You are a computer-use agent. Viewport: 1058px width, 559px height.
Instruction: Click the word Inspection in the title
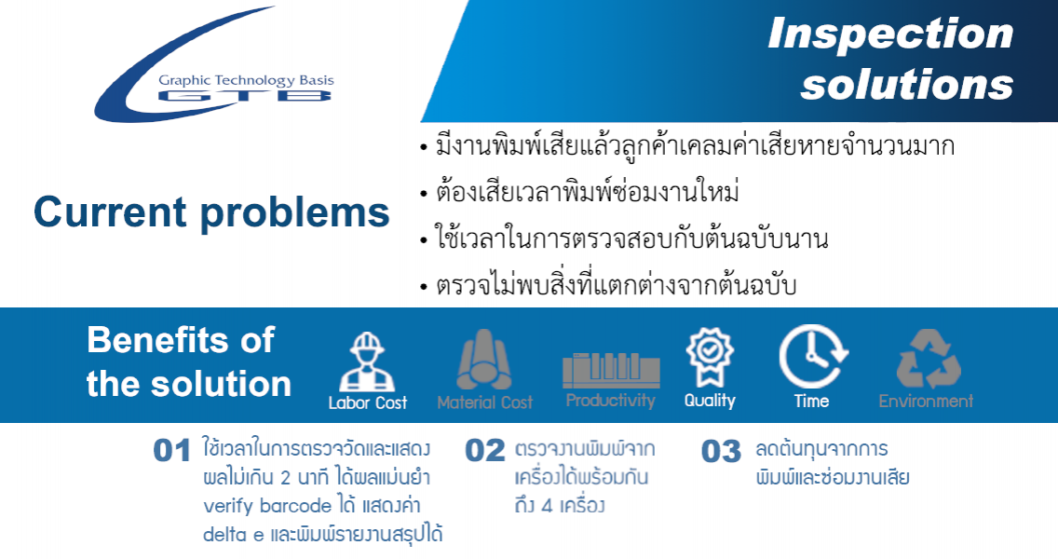click(890, 34)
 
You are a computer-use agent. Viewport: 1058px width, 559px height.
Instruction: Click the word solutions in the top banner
click(907, 85)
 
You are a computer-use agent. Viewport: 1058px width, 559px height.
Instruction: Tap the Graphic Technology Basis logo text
click(246, 80)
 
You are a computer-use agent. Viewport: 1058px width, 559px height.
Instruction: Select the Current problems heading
click(211, 212)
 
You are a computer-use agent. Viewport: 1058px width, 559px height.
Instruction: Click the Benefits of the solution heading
click(189, 361)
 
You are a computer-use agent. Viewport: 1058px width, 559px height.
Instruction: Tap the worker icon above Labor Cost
click(367, 361)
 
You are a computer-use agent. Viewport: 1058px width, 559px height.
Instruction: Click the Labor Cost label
click(368, 403)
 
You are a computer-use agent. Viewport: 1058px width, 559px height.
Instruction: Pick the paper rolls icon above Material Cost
click(483, 360)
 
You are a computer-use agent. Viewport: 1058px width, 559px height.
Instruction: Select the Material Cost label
click(485, 403)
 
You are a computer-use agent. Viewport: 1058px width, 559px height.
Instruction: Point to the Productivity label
click(611, 401)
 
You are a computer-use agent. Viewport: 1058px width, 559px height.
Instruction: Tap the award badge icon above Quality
click(710, 357)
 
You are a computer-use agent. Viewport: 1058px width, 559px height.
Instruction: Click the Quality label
click(710, 401)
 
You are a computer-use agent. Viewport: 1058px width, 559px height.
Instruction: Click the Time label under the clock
click(812, 401)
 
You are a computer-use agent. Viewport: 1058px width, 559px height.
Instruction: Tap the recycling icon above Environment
click(929, 359)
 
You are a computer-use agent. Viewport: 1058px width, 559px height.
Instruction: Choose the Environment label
click(926, 401)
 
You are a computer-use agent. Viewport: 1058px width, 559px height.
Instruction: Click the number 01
click(172, 451)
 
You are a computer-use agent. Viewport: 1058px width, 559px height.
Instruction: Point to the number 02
click(485, 451)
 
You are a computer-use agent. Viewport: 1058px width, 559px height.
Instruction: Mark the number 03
click(721, 452)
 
